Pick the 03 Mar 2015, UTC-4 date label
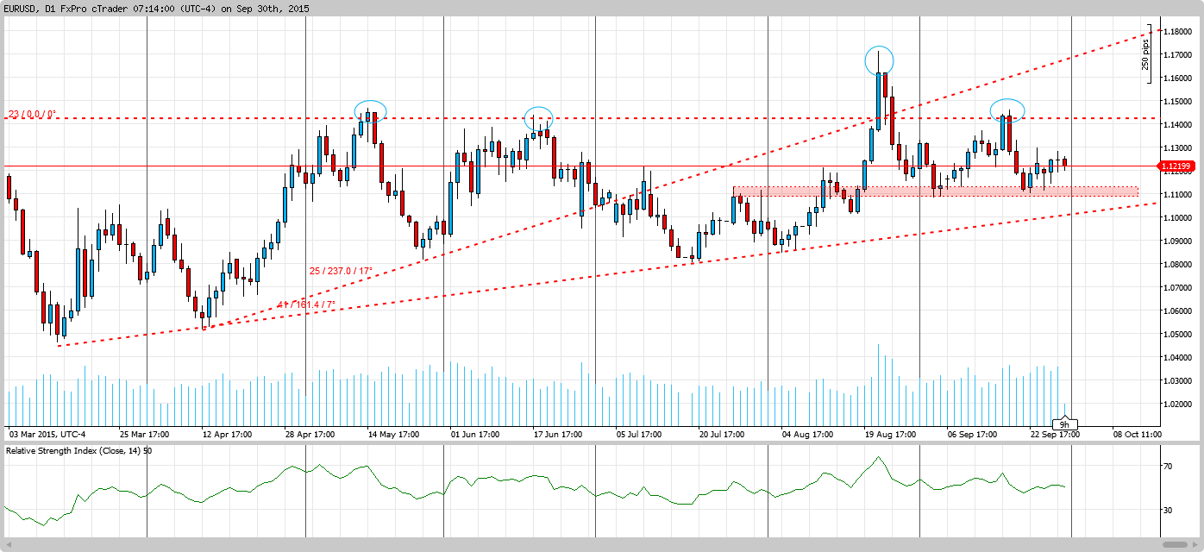click(x=47, y=434)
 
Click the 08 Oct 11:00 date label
click(x=1137, y=434)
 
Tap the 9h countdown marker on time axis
click(x=1064, y=424)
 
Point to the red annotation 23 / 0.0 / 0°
click(x=32, y=114)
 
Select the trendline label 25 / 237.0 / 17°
click(x=341, y=271)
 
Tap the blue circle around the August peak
click(x=879, y=60)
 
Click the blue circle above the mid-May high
click(x=370, y=110)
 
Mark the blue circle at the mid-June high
click(x=539, y=118)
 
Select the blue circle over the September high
click(x=1006, y=110)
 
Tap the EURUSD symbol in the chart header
click(x=22, y=9)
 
